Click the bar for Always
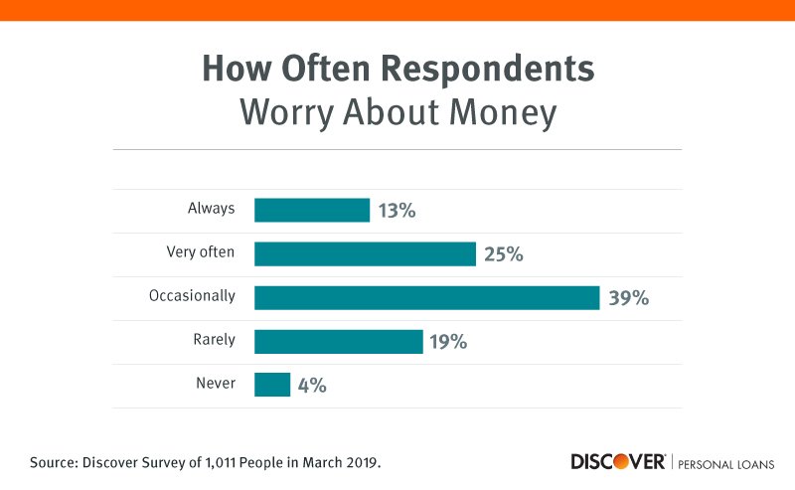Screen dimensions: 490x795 312,210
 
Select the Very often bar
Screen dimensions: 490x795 365,253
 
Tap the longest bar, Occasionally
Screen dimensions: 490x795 426,297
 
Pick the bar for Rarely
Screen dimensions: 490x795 338,341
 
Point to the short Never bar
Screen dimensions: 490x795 272,385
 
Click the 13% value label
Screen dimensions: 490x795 397,210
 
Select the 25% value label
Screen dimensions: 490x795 504,253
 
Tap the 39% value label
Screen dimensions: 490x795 628,297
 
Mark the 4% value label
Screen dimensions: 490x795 312,385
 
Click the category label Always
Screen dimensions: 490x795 211,209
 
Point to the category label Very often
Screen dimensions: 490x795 201,252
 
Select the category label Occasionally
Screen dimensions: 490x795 194,296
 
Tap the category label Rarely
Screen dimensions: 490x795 214,340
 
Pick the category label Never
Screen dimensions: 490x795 216,384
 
